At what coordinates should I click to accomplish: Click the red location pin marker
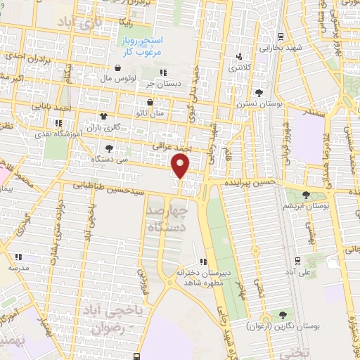pyautogui.click(x=181, y=166)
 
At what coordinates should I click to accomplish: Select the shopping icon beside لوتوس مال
pyautogui.click(x=117, y=69)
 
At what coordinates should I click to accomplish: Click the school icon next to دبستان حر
pyautogui.click(x=162, y=72)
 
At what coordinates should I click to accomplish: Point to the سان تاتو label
pyautogui.click(x=150, y=112)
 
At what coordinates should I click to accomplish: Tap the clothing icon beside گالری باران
pyautogui.click(x=104, y=117)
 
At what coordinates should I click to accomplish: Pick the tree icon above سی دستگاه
pyautogui.click(x=109, y=148)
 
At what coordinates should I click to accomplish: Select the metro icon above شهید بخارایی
pyautogui.click(x=281, y=37)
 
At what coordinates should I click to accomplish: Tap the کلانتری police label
pyautogui.click(x=243, y=67)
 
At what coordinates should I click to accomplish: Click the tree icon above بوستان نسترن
pyautogui.click(x=259, y=92)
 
